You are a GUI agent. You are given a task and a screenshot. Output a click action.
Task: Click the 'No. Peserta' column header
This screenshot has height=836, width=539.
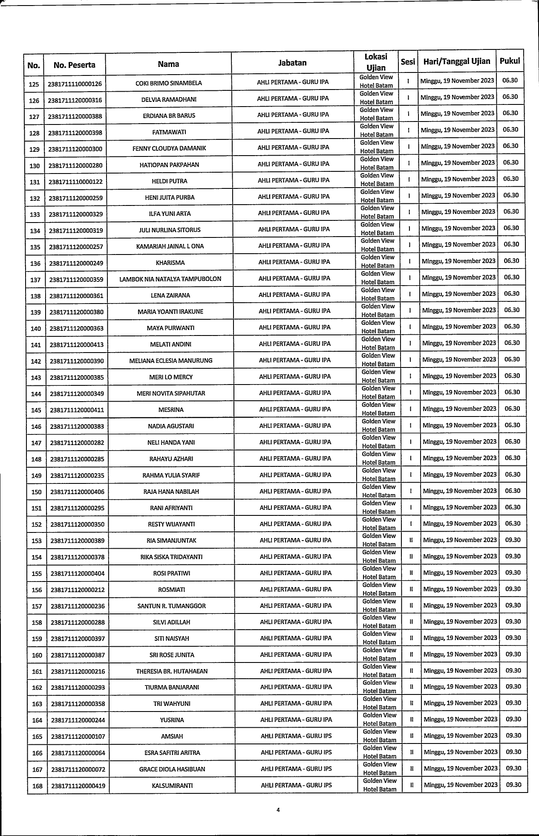point(74,65)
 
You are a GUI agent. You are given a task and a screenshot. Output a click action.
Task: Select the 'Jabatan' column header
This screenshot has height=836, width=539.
point(292,63)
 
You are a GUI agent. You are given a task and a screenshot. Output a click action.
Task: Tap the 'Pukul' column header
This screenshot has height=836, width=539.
point(510,61)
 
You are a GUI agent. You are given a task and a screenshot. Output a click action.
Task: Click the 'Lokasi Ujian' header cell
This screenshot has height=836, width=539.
point(376,63)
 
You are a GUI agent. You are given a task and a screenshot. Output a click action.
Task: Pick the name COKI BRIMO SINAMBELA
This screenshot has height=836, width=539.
point(169,83)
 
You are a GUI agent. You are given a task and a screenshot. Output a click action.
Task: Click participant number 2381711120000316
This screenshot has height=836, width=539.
point(75,100)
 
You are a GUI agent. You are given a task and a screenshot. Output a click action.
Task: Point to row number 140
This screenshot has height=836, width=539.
point(36,329)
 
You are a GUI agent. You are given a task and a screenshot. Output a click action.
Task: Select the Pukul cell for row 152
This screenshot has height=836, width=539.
point(513,524)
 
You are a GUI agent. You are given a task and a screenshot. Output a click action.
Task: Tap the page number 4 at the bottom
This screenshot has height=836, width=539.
point(277,810)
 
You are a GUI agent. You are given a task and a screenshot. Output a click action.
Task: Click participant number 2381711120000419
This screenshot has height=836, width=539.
point(78,785)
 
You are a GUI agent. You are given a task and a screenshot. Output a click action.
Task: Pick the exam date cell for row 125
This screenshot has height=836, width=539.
point(457,81)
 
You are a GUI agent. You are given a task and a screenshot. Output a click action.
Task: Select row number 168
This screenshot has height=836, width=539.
point(37,786)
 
